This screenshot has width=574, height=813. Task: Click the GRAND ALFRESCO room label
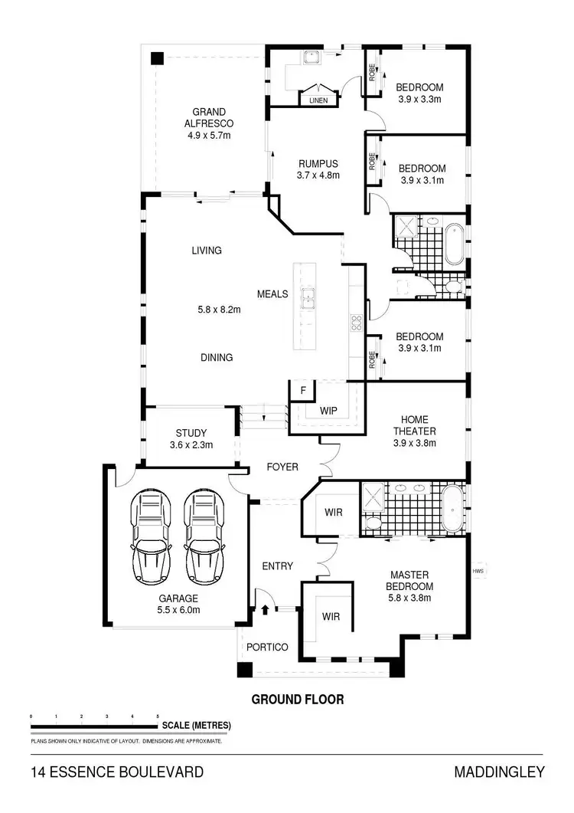pos(209,123)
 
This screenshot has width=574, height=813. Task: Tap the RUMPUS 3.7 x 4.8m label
pos(318,169)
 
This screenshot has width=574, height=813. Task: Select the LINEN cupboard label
pos(318,100)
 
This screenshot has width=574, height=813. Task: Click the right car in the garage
pos(203,536)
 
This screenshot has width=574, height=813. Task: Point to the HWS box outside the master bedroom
pos(479,570)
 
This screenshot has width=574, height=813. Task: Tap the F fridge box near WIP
pos(303,391)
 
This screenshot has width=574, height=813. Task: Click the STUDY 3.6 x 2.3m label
pos(191,438)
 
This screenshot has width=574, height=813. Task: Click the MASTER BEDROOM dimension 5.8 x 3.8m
pos(409,598)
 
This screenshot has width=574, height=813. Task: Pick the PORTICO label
pos(267,647)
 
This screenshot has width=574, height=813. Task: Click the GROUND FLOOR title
pos(298,699)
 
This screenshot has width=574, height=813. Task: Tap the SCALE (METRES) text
pos(196,725)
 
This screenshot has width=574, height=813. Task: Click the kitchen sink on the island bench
pos(308,298)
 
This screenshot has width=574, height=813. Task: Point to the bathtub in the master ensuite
pos(452,506)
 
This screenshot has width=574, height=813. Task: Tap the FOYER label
pos(282,467)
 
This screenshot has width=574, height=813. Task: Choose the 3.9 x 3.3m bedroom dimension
pos(420,99)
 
